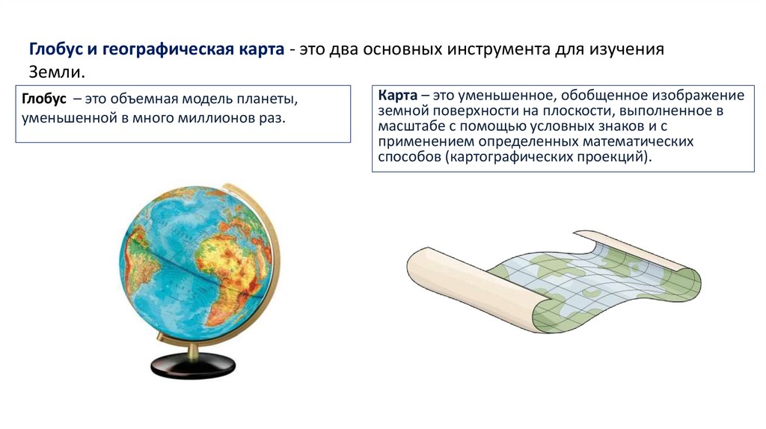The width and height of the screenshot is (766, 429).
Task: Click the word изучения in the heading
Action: point(628,50)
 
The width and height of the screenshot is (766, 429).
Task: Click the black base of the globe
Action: point(194,366)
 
